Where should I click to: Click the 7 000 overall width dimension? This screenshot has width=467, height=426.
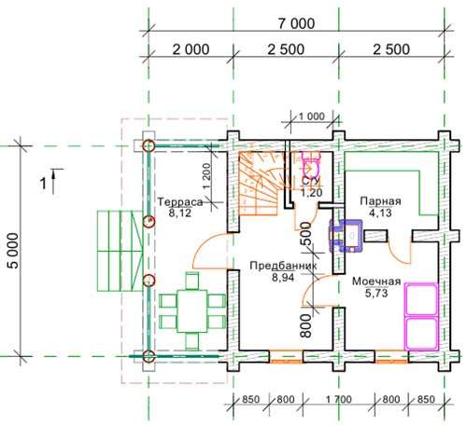pos(296,23)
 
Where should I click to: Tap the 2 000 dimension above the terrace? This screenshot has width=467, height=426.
pos(191,49)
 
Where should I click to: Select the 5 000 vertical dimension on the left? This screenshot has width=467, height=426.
pos(14,251)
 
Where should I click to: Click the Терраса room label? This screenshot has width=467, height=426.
pos(180,202)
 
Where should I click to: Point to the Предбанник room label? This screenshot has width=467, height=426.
pos(284,266)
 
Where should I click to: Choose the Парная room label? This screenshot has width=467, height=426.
pos(380,201)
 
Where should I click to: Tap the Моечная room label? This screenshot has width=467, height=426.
pos(376,282)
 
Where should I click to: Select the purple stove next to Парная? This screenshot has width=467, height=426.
pos(347,235)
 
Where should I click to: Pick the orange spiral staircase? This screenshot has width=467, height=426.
pos(263,184)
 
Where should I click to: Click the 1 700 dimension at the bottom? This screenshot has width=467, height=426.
pos(339,399)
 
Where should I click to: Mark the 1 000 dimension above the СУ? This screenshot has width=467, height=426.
pos(312,117)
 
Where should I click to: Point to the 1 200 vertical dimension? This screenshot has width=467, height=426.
pos(206,176)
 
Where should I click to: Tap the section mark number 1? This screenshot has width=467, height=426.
pos(43,184)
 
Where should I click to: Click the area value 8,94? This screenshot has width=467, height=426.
pos(283,277)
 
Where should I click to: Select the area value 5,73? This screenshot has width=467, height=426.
pos(376,293)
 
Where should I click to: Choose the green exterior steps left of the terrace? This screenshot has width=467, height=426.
pos(120,251)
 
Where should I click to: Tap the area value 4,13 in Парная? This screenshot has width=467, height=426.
pos(380,213)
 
